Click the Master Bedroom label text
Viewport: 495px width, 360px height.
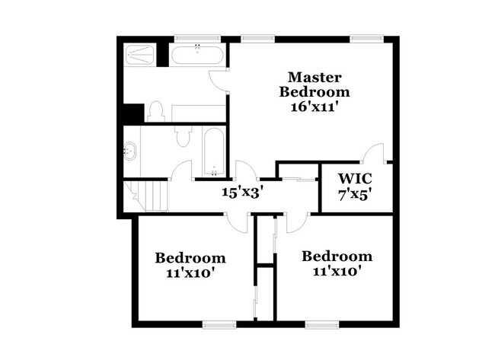point(315,84)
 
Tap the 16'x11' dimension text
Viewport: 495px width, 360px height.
point(315,107)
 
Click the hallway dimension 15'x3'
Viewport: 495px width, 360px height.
point(241,192)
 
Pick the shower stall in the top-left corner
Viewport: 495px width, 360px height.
point(142,55)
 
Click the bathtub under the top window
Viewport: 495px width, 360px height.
point(196,55)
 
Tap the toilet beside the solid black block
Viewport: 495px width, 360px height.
point(156,111)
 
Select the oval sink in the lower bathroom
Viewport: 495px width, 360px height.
point(130,151)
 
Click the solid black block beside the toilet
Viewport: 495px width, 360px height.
point(133,113)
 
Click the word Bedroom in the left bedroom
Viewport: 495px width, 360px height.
point(190,257)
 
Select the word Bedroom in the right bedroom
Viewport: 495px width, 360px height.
point(337,256)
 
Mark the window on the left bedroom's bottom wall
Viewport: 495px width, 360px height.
point(216,324)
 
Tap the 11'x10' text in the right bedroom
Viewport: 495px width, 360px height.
point(337,271)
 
